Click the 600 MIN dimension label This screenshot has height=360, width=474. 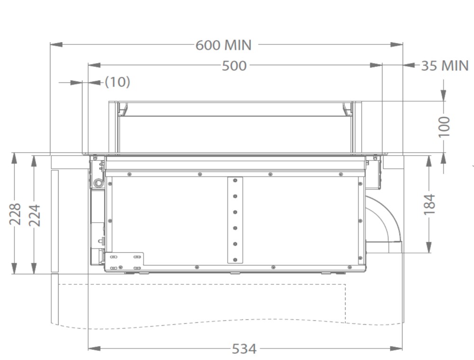coord(223,45)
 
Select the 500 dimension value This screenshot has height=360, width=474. coord(234,65)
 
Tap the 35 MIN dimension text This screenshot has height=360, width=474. coord(445,65)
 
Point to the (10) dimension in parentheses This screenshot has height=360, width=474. coord(118,82)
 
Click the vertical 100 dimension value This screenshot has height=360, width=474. coord(445,127)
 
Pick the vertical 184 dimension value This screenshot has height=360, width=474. coord(429,205)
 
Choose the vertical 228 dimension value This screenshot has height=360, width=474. coord(15,214)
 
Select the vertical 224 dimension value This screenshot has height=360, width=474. coord(34,215)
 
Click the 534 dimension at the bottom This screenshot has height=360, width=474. coord(244,349)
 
